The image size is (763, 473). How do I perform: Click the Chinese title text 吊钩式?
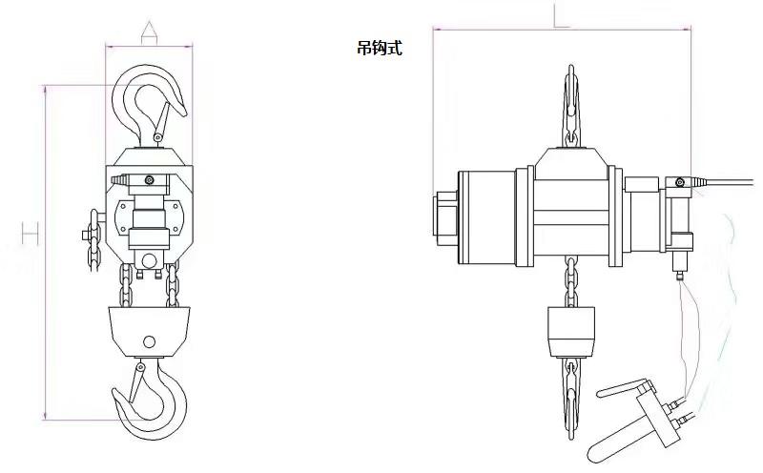pyautogui.click(x=380, y=48)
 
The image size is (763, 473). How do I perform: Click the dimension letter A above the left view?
pyautogui.click(x=149, y=32)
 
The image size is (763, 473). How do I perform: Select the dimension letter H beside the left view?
pyautogui.click(x=31, y=233)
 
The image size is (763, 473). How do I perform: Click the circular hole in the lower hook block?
pyautogui.click(x=150, y=341)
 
